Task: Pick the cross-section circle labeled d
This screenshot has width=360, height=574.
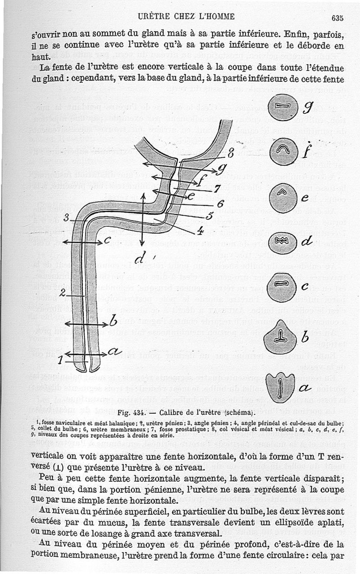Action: [x=280, y=242]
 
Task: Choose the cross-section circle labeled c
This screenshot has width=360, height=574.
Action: [x=280, y=287]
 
